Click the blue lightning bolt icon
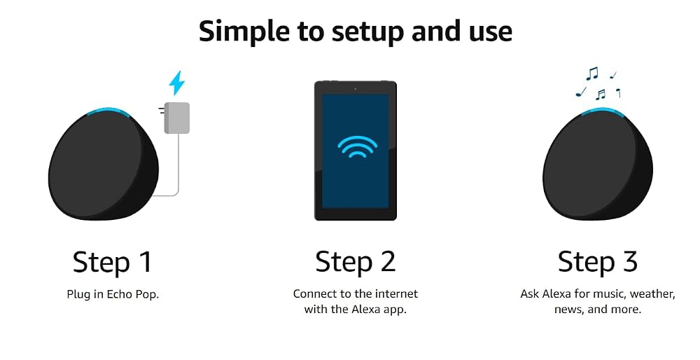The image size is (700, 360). pos(177,83)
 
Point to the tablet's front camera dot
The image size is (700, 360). pos(356,89)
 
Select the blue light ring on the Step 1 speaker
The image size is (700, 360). pos(108,111)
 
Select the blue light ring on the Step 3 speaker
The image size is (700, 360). pos(603,111)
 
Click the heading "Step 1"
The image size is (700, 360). pos(113,262)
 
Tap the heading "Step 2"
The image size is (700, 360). pos(356,262)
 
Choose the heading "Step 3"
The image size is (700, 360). pos(598,262)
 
